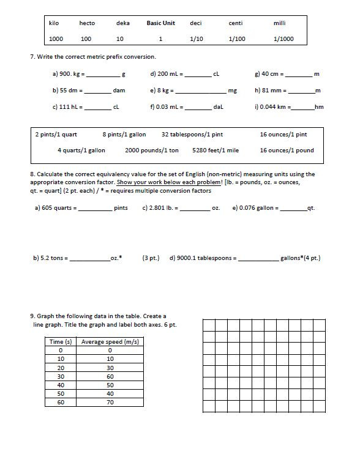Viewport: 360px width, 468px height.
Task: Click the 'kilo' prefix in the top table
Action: [54, 23]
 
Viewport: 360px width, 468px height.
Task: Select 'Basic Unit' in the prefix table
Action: [160, 23]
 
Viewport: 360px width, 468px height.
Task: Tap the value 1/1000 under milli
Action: [283, 39]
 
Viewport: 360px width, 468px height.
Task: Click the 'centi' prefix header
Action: [236, 23]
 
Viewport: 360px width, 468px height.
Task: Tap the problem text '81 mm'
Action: [273, 91]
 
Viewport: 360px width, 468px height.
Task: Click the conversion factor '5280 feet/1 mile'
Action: [216, 150]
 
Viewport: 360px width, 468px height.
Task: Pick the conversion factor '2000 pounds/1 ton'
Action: [152, 150]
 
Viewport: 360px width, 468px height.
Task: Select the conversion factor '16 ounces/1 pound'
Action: [287, 150]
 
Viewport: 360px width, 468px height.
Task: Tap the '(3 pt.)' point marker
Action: [151, 258]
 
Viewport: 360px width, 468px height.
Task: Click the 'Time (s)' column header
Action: [61, 341]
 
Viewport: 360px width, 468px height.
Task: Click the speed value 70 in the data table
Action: [110, 402]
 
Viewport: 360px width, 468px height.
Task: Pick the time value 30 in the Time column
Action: [61, 376]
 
